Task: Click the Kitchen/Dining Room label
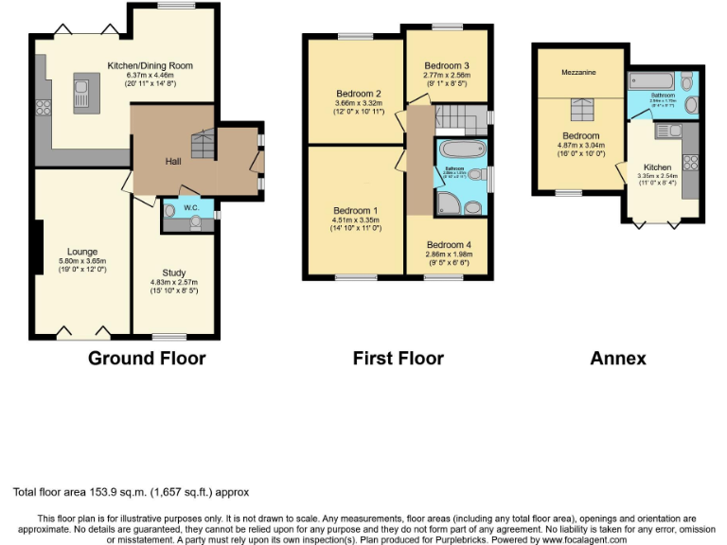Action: point(150,65)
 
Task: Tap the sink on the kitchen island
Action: point(80,96)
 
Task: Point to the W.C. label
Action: point(190,206)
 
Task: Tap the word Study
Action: point(172,272)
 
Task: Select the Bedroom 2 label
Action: point(358,94)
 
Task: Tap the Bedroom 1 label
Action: point(355,210)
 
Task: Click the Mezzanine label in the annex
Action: point(578,72)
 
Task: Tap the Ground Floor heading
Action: point(147,358)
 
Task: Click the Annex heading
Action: point(617,358)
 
